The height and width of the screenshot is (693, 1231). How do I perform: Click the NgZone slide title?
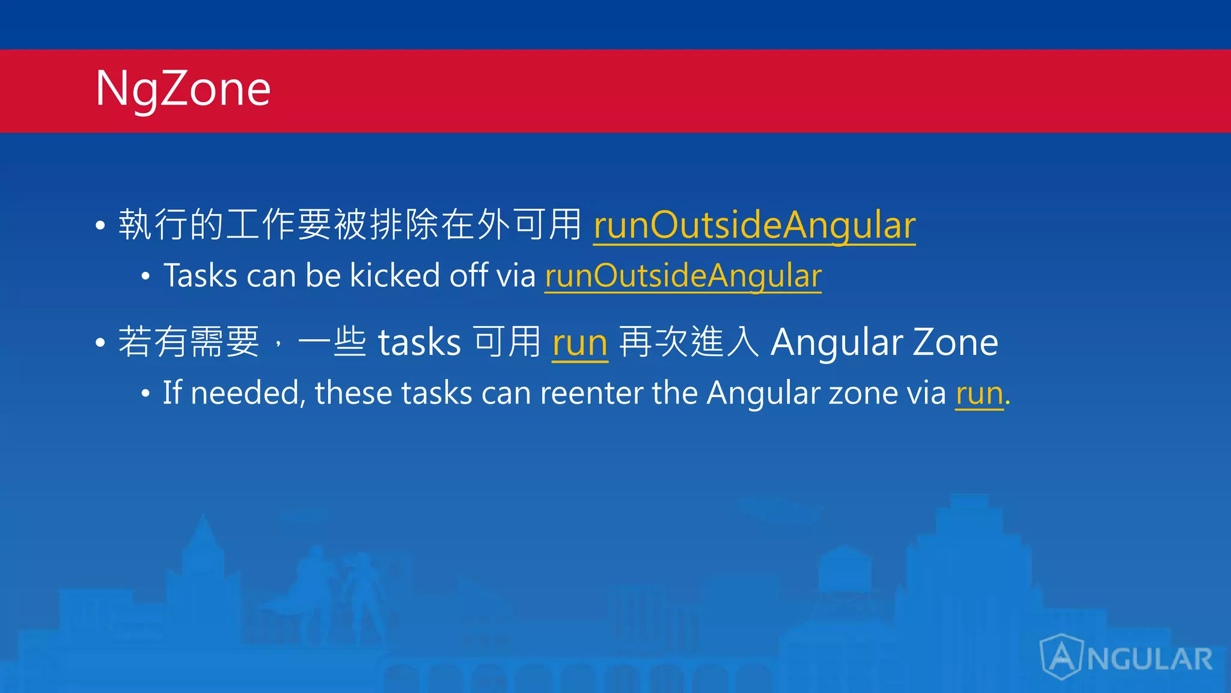183,89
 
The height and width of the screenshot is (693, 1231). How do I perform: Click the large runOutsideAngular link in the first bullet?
754,225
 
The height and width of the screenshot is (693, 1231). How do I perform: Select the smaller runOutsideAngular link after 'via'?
683,276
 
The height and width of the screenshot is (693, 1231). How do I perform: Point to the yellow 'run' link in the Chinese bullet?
580,343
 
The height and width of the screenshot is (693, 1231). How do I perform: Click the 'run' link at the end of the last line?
979,394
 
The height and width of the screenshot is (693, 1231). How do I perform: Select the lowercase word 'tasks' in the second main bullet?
420,343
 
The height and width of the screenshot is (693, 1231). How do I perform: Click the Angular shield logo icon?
1062,657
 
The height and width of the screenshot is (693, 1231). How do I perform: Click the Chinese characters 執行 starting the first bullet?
154,224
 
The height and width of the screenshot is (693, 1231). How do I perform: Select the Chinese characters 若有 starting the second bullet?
153,342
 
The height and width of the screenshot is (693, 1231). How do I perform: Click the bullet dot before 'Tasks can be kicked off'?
145,277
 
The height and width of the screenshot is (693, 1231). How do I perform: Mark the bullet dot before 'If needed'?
145,395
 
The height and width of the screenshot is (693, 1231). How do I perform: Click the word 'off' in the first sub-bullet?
468,276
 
